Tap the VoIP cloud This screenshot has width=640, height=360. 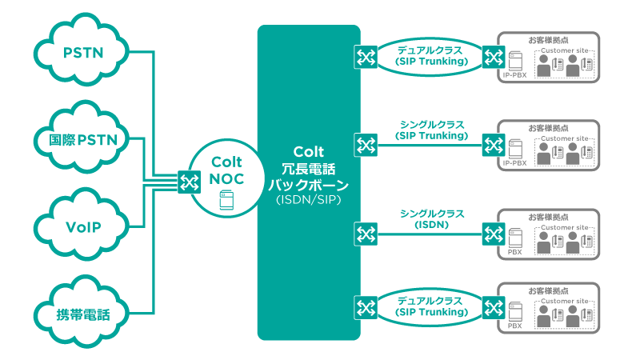(83, 226)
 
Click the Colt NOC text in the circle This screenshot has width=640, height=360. (226, 170)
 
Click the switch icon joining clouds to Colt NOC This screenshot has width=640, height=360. (189, 182)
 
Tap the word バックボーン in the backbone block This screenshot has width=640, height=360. (308, 183)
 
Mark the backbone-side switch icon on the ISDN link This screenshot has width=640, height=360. (366, 234)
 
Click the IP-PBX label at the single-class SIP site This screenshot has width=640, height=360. (514, 163)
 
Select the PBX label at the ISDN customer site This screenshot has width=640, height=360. (514, 252)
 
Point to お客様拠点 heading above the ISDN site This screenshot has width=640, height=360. (549, 217)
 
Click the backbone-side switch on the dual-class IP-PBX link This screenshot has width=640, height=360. (366, 56)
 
